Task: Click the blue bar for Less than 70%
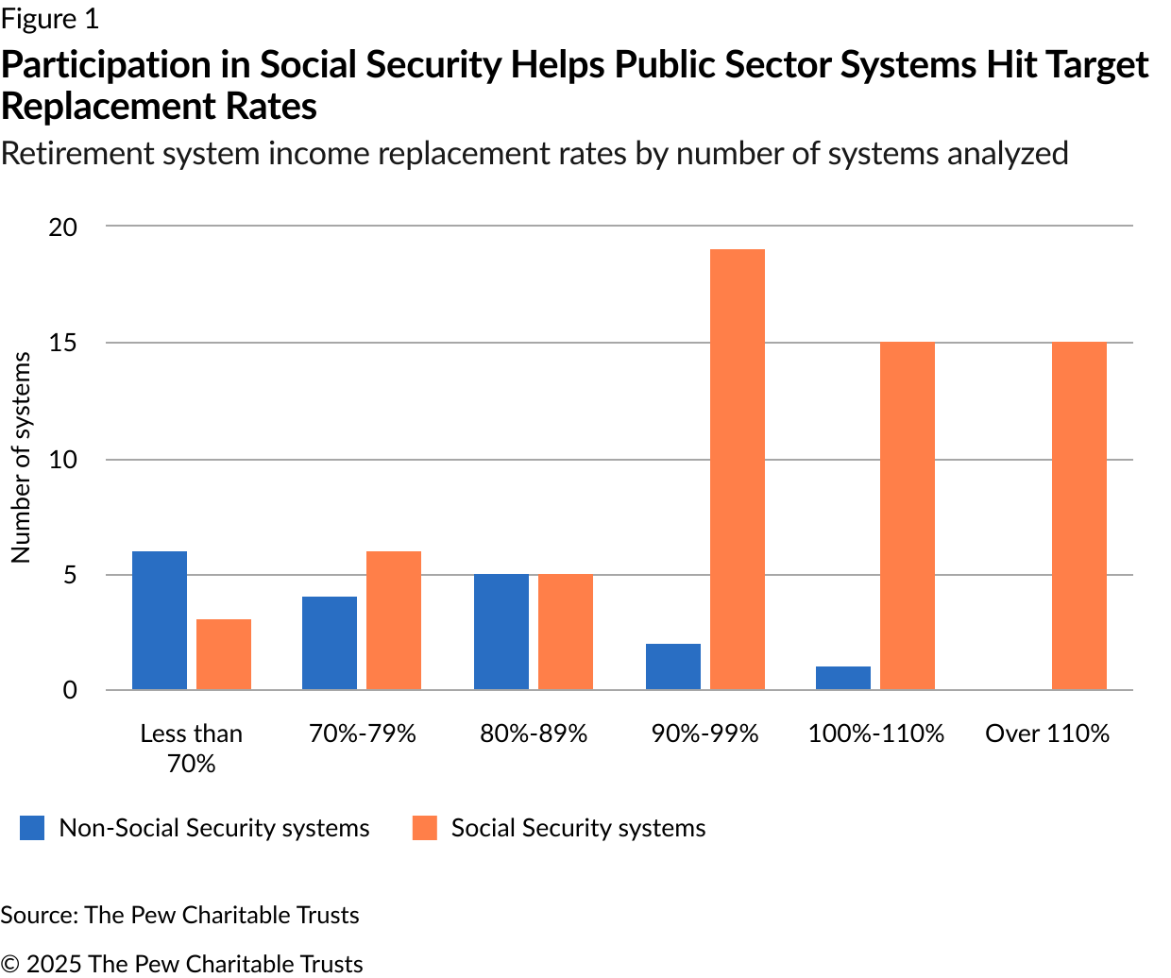click(x=160, y=620)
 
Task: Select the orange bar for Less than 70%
click(x=224, y=654)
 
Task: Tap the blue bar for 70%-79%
click(x=330, y=643)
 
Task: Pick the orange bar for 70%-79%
click(x=394, y=620)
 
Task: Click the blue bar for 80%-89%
click(x=501, y=632)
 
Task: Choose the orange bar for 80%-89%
click(x=566, y=632)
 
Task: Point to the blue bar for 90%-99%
click(x=673, y=666)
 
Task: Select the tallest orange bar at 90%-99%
click(x=738, y=469)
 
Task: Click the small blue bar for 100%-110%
click(x=843, y=678)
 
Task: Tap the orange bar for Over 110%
click(x=1079, y=515)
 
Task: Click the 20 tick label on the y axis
click(x=63, y=228)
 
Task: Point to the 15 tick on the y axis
click(x=63, y=344)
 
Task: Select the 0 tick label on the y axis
click(x=70, y=690)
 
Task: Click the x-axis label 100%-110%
click(x=875, y=734)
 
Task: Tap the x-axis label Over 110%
click(x=1047, y=734)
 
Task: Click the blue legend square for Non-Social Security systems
click(x=32, y=828)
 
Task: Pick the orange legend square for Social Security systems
click(x=425, y=828)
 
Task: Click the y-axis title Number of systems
click(x=21, y=458)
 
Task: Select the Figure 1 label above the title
click(x=49, y=19)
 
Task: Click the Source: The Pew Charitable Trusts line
click(x=179, y=915)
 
